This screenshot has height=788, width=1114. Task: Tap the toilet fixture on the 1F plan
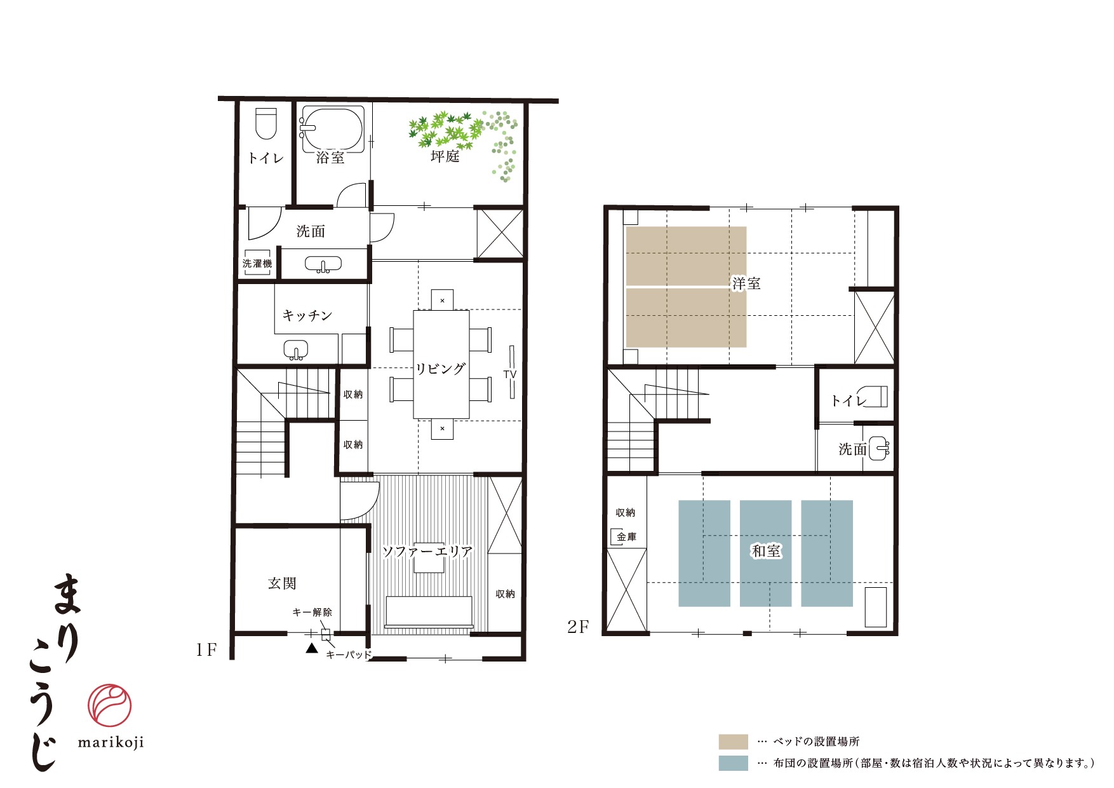pyautogui.click(x=266, y=123)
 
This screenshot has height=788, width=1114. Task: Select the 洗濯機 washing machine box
pyautogui.click(x=257, y=263)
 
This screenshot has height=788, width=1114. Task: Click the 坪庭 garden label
pyautogui.click(x=445, y=156)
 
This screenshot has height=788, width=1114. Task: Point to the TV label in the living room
pyautogui.click(x=510, y=374)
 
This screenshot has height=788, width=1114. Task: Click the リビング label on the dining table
pyautogui.click(x=441, y=369)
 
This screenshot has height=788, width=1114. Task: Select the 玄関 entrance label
pyautogui.click(x=282, y=583)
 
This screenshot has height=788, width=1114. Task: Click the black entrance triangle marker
pyautogui.click(x=311, y=648)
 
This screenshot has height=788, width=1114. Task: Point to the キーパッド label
pyautogui.click(x=348, y=655)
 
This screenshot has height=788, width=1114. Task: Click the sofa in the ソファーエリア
pyautogui.click(x=429, y=613)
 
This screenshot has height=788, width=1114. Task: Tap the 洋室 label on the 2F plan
pyautogui.click(x=746, y=283)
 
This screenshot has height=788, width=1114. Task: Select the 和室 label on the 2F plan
pyautogui.click(x=766, y=551)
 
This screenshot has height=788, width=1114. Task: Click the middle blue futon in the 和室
pyautogui.click(x=765, y=554)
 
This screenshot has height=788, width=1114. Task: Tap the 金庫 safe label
pyautogui.click(x=627, y=538)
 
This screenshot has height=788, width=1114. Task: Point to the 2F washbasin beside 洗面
pyautogui.click(x=879, y=449)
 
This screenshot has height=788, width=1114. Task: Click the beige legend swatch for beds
pyautogui.click(x=733, y=742)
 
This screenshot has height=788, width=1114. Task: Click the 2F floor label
pyautogui.click(x=578, y=627)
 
